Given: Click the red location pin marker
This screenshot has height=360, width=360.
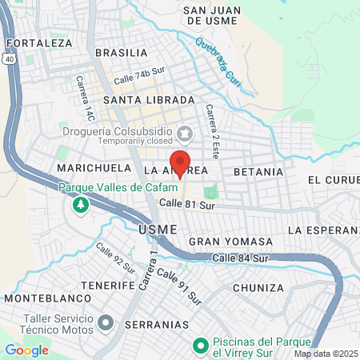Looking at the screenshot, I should [x=180, y=162].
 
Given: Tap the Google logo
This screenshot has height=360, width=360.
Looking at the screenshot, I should [x=26, y=350].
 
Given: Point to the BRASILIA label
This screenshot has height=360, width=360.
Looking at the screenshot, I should [x=121, y=53].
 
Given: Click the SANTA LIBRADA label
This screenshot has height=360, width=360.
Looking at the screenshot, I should [x=149, y=100].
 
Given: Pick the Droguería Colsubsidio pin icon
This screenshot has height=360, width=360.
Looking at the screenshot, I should [x=185, y=131].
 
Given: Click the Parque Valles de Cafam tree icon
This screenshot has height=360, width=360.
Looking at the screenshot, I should [x=81, y=206].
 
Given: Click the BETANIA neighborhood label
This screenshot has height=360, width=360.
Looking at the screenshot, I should [x=258, y=172].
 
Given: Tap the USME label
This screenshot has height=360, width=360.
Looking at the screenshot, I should [x=153, y=229].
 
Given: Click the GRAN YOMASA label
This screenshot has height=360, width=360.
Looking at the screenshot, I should [x=230, y=241].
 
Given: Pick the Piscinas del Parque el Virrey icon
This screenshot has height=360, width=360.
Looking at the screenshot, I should [x=201, y=346].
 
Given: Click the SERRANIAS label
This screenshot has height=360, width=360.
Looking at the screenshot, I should [x=161, y=326].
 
